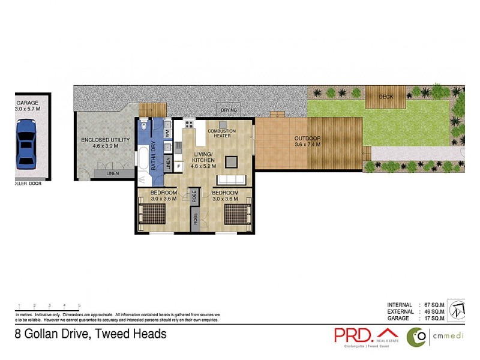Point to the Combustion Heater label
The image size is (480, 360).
click(221, 133)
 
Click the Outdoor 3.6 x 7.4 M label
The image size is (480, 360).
click(307, 142)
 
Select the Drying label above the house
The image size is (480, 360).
click(229, 110)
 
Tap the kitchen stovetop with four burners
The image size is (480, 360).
click(188, 124)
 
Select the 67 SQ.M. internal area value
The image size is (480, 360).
click(433, 305)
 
